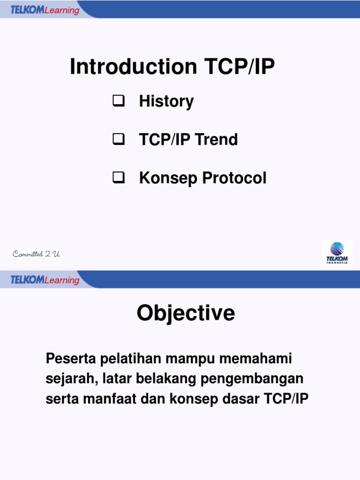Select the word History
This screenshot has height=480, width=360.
(166, 101)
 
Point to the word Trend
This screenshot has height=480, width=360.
(217, 140)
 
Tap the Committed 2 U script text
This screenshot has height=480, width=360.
(36, 254)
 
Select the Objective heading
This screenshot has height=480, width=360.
(186, 313)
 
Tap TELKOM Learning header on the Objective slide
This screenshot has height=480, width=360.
(45, 280)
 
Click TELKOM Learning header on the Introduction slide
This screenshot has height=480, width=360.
(45, 10)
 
